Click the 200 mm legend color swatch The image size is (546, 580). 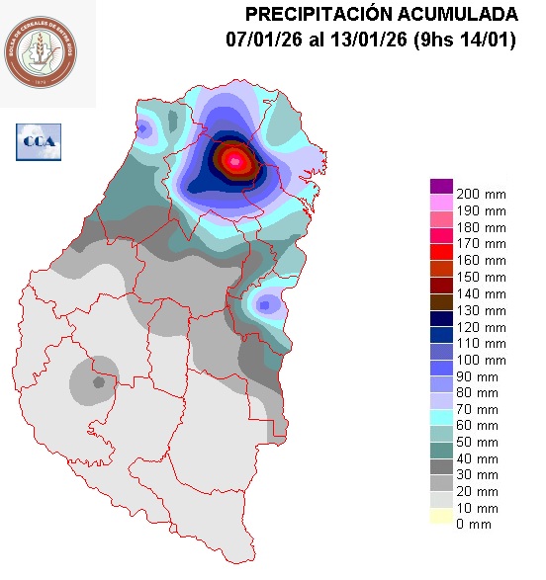tap(441, 187)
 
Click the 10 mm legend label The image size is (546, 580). tap(477, 508)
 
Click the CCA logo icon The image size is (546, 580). tap(39, 141)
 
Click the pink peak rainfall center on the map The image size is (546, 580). tap(235, 160)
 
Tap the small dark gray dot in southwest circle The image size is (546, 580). tap(98, 381)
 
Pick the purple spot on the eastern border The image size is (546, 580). tap(265, 304)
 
